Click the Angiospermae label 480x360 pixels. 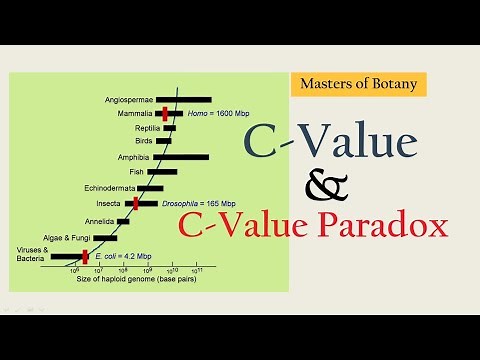(129, 100)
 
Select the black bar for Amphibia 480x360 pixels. (180, 156)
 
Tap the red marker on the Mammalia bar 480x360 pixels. (164, 114)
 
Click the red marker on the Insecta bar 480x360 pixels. (135, 203)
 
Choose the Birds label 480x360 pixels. (143, 141)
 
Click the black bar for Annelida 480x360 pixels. (121, 220)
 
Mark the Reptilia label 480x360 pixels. (138, 128)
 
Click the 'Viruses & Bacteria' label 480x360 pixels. (31, 253)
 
